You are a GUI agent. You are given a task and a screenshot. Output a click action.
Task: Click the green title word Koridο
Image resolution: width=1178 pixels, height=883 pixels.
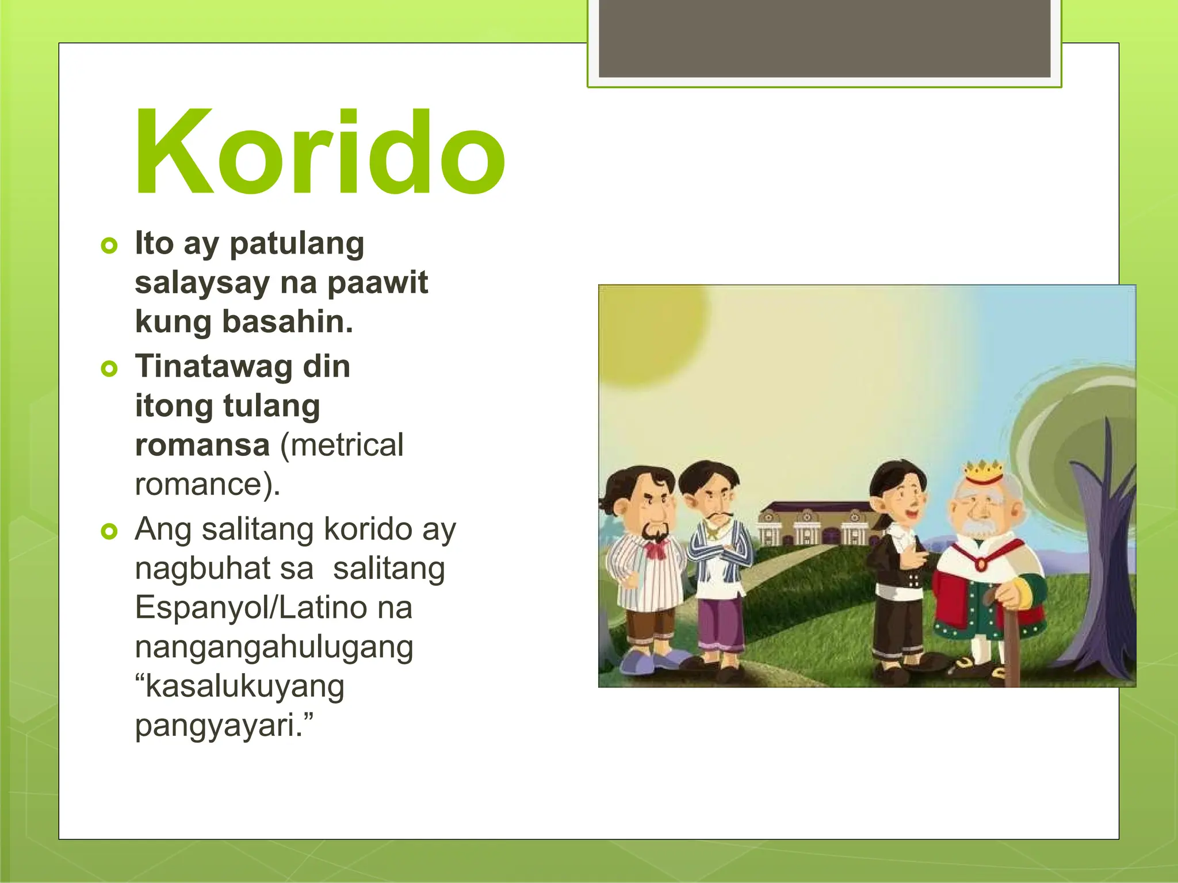320,152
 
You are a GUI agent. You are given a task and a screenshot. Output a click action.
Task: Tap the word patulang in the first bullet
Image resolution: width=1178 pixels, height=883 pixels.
297,244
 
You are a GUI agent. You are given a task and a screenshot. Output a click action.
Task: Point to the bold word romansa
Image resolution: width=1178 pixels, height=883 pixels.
202,445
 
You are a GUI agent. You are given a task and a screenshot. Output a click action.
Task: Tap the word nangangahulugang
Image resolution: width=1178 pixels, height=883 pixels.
274,647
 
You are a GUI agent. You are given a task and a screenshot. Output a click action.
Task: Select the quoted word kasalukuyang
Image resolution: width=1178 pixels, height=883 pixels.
244,686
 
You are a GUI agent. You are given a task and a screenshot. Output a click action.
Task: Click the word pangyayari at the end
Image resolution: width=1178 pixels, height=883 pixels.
219,725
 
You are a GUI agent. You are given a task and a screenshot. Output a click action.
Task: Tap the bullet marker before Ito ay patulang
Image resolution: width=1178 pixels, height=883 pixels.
109,246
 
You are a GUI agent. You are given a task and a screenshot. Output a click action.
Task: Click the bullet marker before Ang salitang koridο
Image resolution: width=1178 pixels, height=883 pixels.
109,531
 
